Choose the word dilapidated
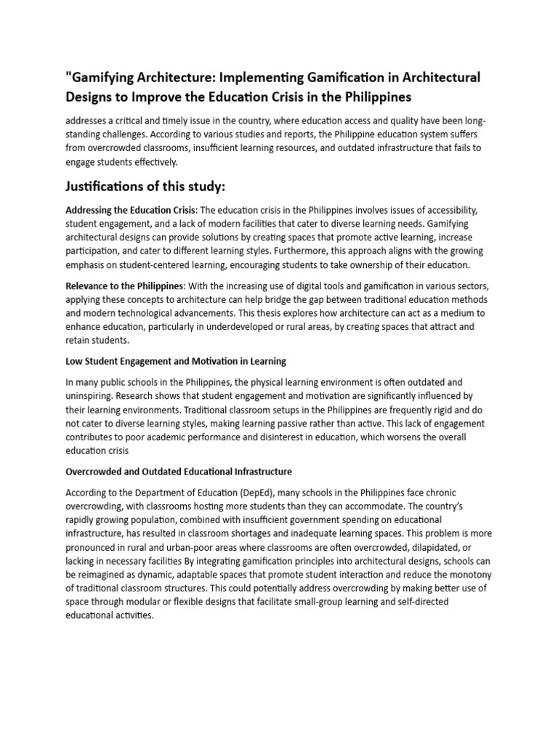point(433,546)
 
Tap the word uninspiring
point(92,395)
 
